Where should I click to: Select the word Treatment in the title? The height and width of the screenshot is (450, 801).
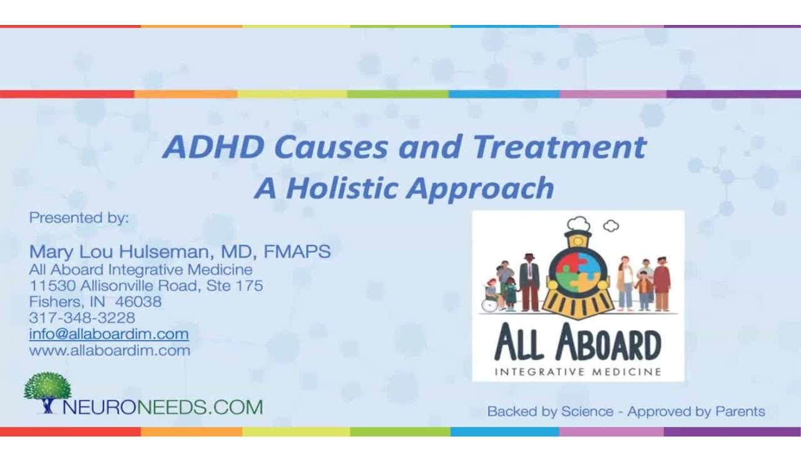click(x=559, y=147)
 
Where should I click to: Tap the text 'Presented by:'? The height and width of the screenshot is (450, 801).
click(x=79, y=218)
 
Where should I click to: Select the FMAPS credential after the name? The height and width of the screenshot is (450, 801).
click(x=297, y=252)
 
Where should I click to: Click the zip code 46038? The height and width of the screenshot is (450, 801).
click(x=138, y=302)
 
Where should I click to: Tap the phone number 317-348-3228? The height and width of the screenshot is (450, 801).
click(x=82, y=318)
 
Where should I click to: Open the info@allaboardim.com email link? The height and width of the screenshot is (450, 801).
click(x=109, y=334)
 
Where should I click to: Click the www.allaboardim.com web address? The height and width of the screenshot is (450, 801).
click(x=110, y=351)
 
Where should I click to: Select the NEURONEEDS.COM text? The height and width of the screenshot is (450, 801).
click(x=163, y=407)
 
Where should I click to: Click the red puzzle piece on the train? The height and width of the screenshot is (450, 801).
click(x=568, y=260)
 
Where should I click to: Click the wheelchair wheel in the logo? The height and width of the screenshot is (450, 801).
click(x=489, y=305)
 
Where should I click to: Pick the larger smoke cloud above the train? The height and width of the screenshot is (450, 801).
click(x=578, y=223)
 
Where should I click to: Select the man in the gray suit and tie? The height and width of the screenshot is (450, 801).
click(x=529, y=282)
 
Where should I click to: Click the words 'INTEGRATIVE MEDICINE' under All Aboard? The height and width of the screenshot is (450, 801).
click(x=578, y=372)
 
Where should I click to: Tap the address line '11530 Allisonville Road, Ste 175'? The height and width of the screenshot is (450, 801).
click(x=146, y=286)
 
